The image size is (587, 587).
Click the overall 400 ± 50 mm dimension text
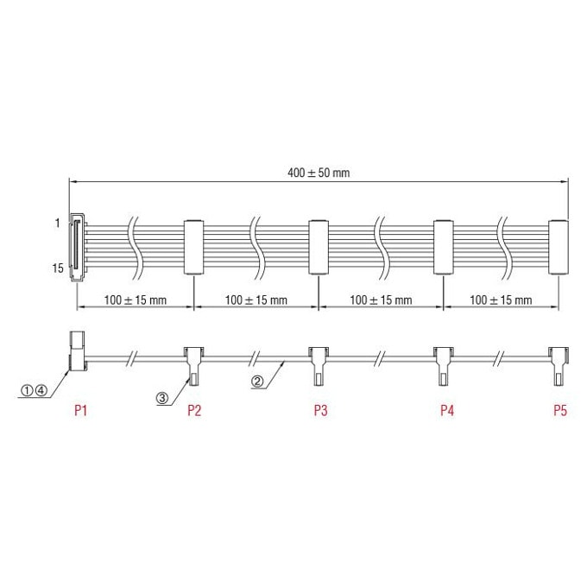(319, 173)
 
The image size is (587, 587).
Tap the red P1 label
(80, 410)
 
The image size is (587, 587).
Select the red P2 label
(194, 410)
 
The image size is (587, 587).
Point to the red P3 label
(321, 410)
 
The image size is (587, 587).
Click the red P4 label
(447, 410)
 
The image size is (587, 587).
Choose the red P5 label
(560, 410)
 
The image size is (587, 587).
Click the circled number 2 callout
(257, 382)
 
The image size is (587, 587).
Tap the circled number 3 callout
(162, 398)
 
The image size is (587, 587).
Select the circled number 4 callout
(41, 391)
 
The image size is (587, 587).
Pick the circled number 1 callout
(27, 391)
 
